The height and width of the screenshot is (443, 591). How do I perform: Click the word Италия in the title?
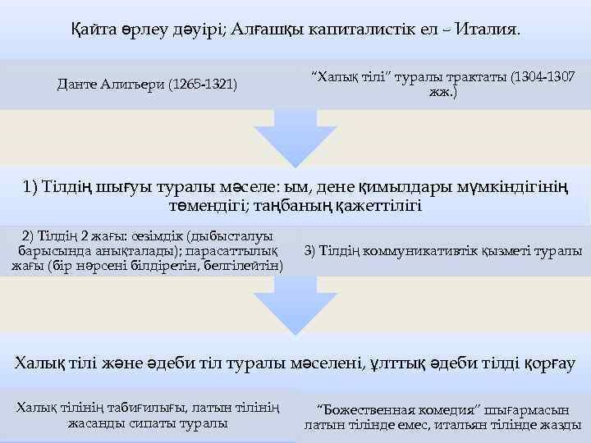[x=488, y=30]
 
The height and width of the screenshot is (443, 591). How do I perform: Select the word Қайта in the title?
[x=88, y=30]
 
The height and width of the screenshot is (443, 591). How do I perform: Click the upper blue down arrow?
[x=295, y=139]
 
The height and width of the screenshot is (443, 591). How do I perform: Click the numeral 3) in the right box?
[x=311, y=250]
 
